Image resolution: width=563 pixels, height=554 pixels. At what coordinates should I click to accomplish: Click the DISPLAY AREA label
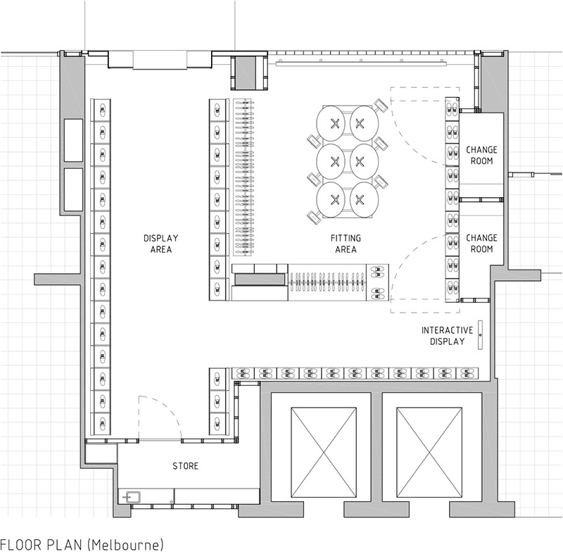click(161, 244)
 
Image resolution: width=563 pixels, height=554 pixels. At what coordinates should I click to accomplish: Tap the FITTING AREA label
click(346, 244)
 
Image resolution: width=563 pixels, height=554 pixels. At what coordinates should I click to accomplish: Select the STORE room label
click(185, 466)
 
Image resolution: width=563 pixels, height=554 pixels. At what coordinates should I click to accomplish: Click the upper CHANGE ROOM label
click(481, 155)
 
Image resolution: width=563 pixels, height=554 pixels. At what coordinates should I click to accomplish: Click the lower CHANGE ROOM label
click(481, 244)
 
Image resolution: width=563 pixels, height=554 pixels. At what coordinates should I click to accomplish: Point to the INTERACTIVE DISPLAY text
click(448, 336)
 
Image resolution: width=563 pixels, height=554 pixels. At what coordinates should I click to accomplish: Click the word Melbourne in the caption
click(125, 545)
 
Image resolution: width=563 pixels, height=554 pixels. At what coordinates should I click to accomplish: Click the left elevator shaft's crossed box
click(324, 453)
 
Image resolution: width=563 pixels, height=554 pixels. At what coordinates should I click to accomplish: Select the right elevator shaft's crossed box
click(429, 453)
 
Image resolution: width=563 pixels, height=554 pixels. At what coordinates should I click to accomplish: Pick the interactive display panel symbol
click(481, 335)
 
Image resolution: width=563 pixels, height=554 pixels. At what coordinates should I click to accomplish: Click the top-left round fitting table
click(331, 123)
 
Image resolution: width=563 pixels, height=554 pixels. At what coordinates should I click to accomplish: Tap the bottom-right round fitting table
click(364, 200)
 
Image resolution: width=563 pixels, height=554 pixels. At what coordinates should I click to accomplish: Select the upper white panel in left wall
click(73, 140)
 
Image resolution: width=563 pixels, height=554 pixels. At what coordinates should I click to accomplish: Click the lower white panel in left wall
click(73, 189)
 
